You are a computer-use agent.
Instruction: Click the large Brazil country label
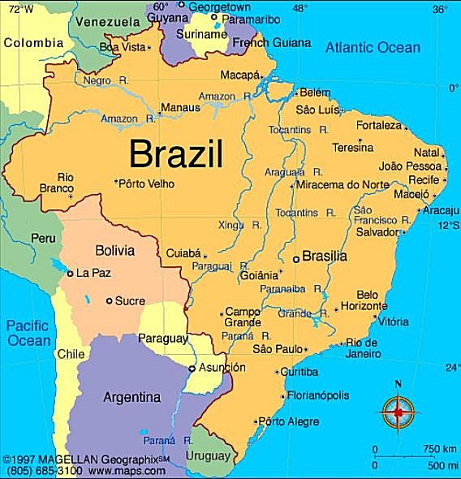(176, 153)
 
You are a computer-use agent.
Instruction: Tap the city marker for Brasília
(295, 258)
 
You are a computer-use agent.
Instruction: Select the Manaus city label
(180, 107)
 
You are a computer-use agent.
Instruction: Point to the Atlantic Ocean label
(373, 47)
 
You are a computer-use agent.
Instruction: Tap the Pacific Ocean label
(29, 333)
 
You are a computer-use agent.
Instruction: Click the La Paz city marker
(71, 274)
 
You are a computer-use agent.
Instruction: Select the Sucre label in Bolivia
(130, 300)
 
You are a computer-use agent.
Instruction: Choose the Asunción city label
(222, 367)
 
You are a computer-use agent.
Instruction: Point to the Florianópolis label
(318, 395)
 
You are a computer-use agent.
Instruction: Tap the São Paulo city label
(278, 349)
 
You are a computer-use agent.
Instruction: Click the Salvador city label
(377, 231)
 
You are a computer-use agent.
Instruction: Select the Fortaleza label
(378, 126)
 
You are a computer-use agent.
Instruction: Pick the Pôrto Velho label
(147, 183)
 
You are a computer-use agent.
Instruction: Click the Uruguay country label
(209, 455)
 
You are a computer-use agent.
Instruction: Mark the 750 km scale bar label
(439, 448)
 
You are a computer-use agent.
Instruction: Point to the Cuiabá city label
(183, 252)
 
